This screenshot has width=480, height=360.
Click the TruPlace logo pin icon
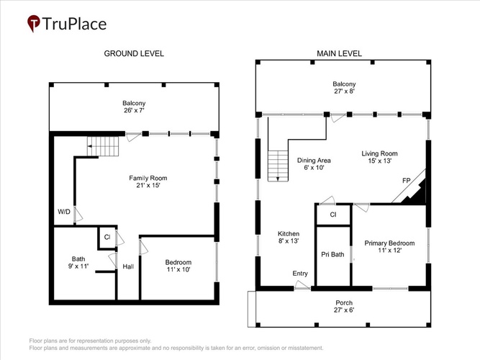pyautogui.click(x=34, y=23)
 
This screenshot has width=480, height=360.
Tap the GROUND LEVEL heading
pyautogui.click(x=134, y=53)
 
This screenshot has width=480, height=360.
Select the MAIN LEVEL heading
pyautogui.click(x=339, y=53)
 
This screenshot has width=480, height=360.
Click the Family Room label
pyautogui.click(x=148, y=181)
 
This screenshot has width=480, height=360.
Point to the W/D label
pyautogui.click(x=64, y=212)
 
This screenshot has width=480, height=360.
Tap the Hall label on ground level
pyautogui.click(x=128, y=266)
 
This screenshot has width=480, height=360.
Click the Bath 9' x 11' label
pyautogui.click(x=78, y=263)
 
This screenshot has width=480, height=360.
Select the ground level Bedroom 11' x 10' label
pyautogui.click(x=178, y=266)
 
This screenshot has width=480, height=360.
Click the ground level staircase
pyautogui.click(x=103, y=146)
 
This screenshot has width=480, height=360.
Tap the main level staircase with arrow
pyautogui.click(x=278, y=166)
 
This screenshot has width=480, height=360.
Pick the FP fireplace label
pyautogui.click(x=406, y=181)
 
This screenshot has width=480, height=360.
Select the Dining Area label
pyautogui.click(x=314, y=164)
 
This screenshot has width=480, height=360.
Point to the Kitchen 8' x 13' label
pyautogui.click(x=289, y=237)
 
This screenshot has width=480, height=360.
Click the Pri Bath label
pyautogui.click(x=332, y=254)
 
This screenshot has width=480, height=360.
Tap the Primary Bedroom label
pyautogui.click(x=389, y=247)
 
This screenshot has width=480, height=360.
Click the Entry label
pyautogui.click(x=300, y=274)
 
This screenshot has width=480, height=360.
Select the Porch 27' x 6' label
pyautogui.click(x=344, y=307)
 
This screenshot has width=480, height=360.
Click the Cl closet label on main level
pyautogui.click(x=333, y=215)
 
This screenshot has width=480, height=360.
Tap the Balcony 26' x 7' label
pyautogui.click(x=134, y=107)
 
